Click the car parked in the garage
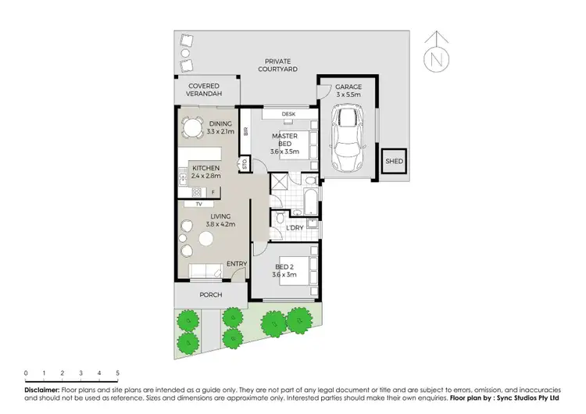coord(348,141)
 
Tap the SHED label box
coord(393,162)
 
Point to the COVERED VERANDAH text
coord(203,90)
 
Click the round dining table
coord(191,127)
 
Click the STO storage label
coord(244,165)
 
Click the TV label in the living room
coord(198,204)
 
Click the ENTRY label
coord(236,264)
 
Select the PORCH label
coord(211,294)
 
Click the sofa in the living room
coord(205,271)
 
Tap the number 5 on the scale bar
coord(117,373)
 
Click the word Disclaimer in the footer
coord(41,388)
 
